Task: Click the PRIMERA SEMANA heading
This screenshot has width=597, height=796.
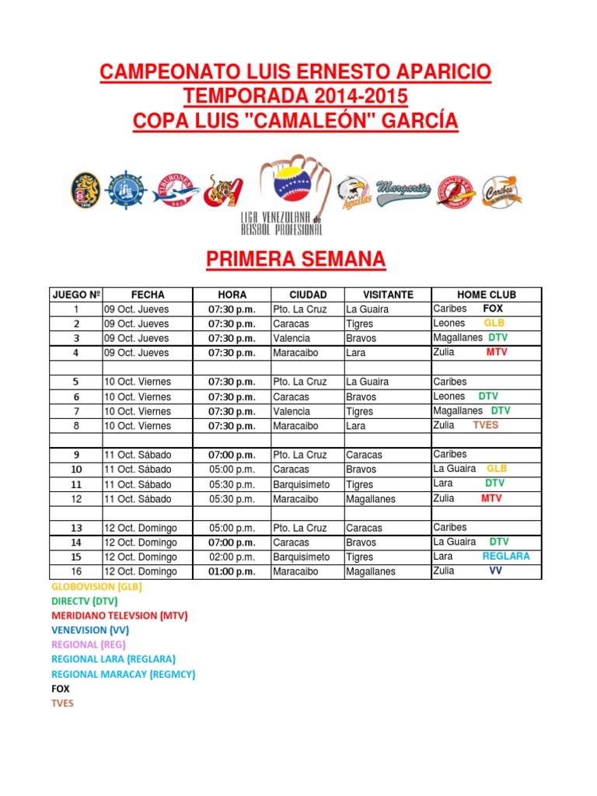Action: tap(295, 260)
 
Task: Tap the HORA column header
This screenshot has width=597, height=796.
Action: tap(232, 295)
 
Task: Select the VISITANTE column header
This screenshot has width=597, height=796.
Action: tap(388, 295)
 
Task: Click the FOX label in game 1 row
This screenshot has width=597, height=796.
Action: tap(493, 309)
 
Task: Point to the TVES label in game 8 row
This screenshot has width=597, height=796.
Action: tap(485, 425)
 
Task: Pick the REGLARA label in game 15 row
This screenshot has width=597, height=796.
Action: tap(505, 557)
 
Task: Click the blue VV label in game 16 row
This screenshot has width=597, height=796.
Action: tap(495, 571)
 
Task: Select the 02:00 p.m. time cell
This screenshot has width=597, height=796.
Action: tap(232, 557)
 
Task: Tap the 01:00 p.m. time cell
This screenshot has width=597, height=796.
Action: tap(232, 571)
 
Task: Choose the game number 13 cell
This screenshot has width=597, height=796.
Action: tap(76, 528)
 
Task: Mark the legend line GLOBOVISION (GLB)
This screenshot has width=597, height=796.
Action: tap(97, 587)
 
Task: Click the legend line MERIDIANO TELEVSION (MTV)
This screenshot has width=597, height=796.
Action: tap(120, 615)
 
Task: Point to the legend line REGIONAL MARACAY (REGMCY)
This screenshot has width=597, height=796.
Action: tap(123, 674)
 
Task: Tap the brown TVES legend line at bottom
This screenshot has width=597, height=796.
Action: tap(62, 703)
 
